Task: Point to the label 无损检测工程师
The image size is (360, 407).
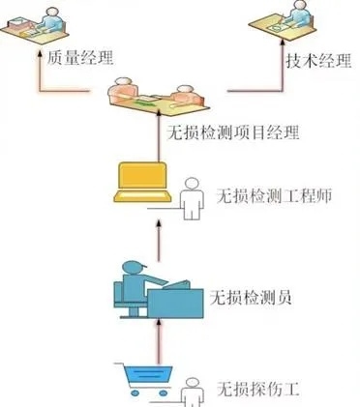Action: pyautogui.click(x=273, y=195)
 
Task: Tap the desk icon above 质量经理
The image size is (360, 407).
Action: pyautogui.click(x=35, y=24)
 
